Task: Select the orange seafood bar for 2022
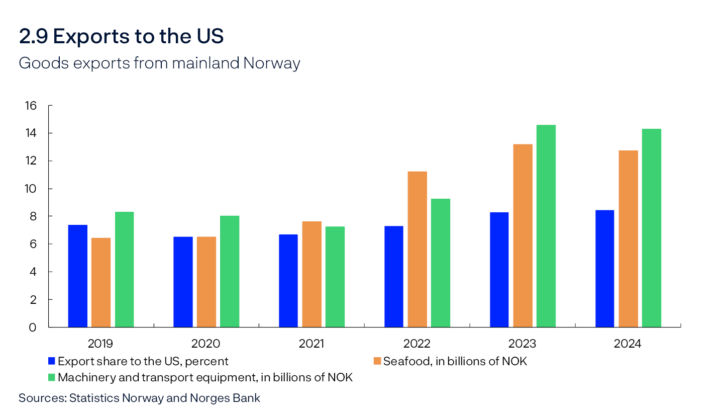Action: click(x=418, y=249)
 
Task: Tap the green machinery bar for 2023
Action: click(x=546, y=226)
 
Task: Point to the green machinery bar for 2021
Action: click(x=335, y=277)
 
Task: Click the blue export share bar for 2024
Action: click(x=604, y=269)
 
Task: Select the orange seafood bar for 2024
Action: click(x=629, y=238)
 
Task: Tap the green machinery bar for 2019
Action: click(x=124, y=269)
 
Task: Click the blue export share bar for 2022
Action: click(x=393, y=276)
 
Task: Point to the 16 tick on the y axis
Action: click(x=31, y=106)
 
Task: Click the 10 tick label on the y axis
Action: click(x=31, y=189)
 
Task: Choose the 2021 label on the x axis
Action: click(x=312, y=344)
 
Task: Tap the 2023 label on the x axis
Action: click(x=523, y=344)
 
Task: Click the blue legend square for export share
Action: click(x=51, y=361)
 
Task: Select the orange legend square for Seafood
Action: click(x=377, y=361)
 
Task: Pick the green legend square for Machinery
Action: click(x=51, y=377)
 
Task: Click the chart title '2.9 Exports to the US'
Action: click(x=121, y=36)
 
